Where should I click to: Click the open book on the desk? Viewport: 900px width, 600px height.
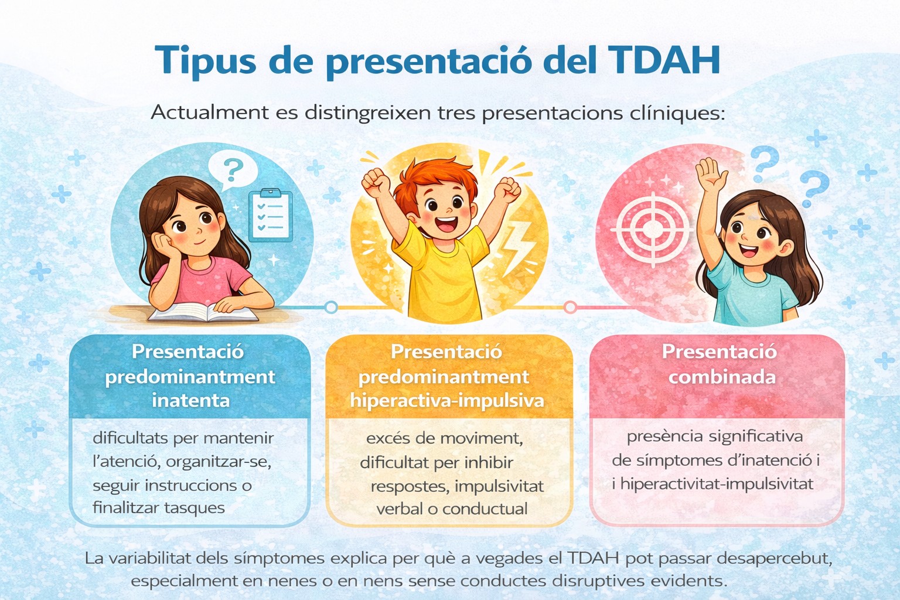pos(203,312)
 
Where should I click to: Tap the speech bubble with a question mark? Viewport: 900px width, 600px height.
pos(233,169)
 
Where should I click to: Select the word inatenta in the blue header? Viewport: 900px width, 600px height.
pos(190,401)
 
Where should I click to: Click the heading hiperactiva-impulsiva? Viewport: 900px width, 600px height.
pos(447,401)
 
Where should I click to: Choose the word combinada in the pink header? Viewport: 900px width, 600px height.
pos(722,377)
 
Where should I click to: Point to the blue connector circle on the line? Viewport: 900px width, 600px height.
pos(331,307)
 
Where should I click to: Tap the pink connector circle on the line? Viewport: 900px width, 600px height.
pos(570,307)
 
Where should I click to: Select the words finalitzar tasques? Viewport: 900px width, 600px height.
pos(159,507)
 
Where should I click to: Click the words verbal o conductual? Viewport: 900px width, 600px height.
pos(452,509)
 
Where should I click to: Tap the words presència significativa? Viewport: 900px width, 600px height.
pos(715,437)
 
